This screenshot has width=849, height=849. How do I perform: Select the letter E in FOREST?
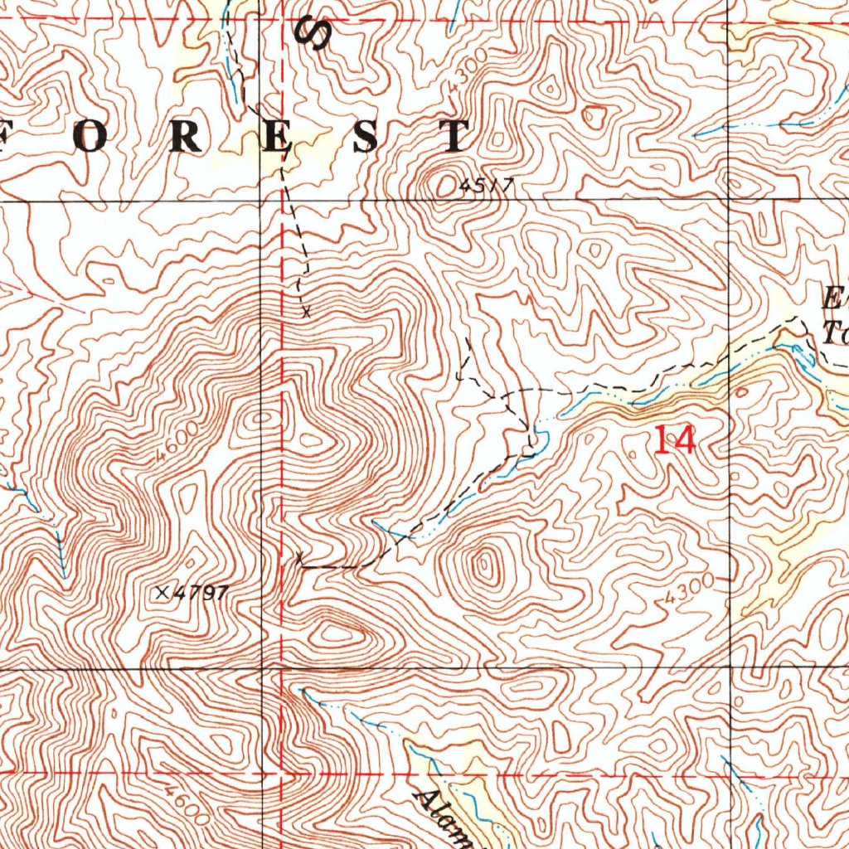tap(278, 137)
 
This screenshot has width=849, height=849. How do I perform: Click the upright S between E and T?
tap(366, 137)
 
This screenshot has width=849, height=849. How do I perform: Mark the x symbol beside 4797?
tap(162, 592)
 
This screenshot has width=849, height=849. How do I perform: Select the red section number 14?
tap(674, 439)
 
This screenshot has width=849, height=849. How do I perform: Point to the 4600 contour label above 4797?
tap(177, 441)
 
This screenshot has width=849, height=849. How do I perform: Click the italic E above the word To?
tap(833, 296)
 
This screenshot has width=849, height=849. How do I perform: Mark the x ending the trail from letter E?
tap(306, 313)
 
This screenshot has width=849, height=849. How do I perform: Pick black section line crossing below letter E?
tap(263, 201)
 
